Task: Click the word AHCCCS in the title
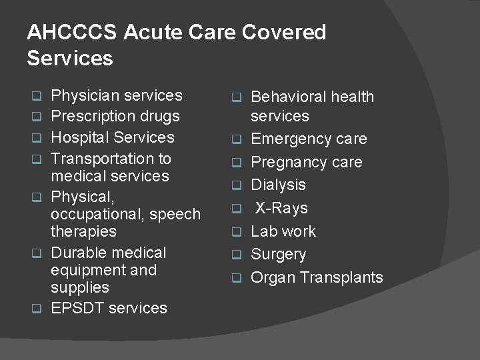pos(72,33)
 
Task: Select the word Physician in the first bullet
pos(83,96)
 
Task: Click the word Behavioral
pos(288,97)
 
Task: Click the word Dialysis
pos(278,185)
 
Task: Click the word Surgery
pos(278,255)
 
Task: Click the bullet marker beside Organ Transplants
pos(235,278)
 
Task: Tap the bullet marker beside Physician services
pos(38,96)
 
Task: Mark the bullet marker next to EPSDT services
pos(38,309)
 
